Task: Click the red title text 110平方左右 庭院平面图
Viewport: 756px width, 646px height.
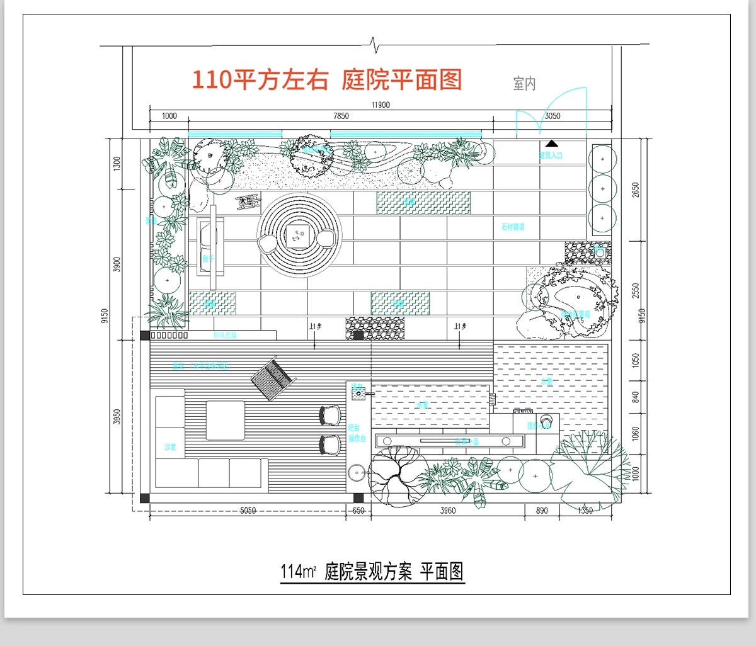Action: tap(327, 81)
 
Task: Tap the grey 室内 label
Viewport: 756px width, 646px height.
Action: tap(524, 83)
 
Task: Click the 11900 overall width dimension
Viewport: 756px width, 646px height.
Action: tap(381, 105)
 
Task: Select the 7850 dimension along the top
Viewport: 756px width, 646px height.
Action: tap(341, 116)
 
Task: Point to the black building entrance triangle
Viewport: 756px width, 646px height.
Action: tap(552, 144)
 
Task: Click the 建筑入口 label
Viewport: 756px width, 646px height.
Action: tap(551, 155)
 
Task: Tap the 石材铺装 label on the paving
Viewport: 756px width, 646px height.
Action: tap(513, 227)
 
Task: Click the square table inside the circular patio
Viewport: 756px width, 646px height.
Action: tap(298, 236)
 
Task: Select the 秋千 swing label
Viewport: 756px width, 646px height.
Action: tap(208, 257)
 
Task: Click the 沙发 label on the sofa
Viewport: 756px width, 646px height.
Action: tap(170, 447)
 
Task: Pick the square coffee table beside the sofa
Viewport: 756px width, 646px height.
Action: tap(225, 421)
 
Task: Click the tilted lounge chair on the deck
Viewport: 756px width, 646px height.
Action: tap(273, 378)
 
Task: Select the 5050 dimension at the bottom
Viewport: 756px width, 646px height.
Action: tap(248, 511)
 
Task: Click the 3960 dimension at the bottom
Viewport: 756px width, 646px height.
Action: tap(447, 511)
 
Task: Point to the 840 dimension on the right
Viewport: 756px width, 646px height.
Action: tap(635, 397)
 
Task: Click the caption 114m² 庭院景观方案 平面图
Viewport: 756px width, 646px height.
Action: tap(372, 572)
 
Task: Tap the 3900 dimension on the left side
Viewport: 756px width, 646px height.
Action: tap(116, 265)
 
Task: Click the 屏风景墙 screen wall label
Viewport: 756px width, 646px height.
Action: tap(225, 335)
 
